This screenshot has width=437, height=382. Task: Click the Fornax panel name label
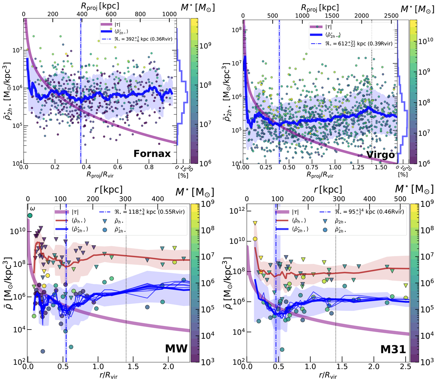pyautogui.click(x=152, y=154)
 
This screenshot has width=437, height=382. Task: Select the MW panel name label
pyautogui.click(x=176, y=348)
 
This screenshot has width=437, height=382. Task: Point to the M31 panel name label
pyautogui.click(x=393, y=349)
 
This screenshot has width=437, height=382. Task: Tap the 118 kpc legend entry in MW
pyautogui.click(x=142, y=212)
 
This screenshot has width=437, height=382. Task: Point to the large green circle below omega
pyautogui.click(x=30, y=216)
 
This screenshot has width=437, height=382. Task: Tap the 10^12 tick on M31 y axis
pyautogui.click(x=237, y=211)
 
